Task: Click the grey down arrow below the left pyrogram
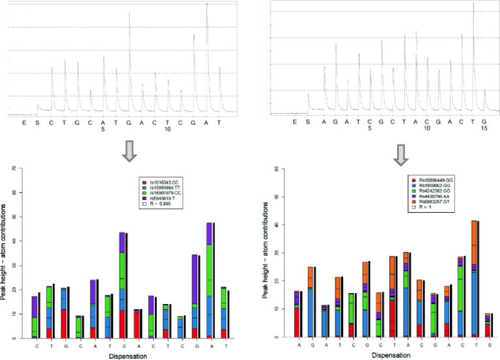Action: tap(130, 149)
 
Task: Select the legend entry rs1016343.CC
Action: tap(164, 179)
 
